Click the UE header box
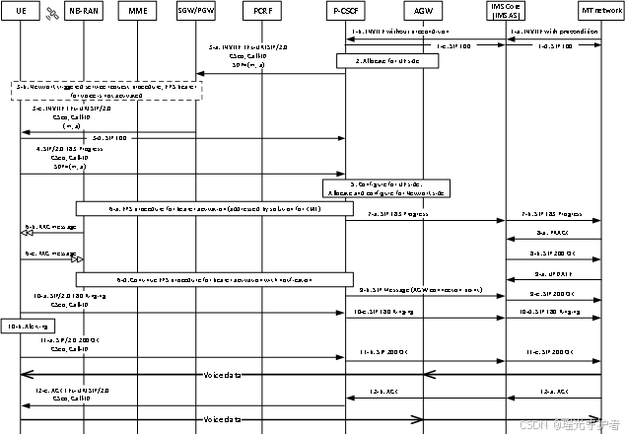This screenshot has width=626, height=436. [x=21, y=10]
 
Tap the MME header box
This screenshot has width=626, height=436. [x=137, y=10]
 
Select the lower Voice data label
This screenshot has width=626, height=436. [x=222, y=419]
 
